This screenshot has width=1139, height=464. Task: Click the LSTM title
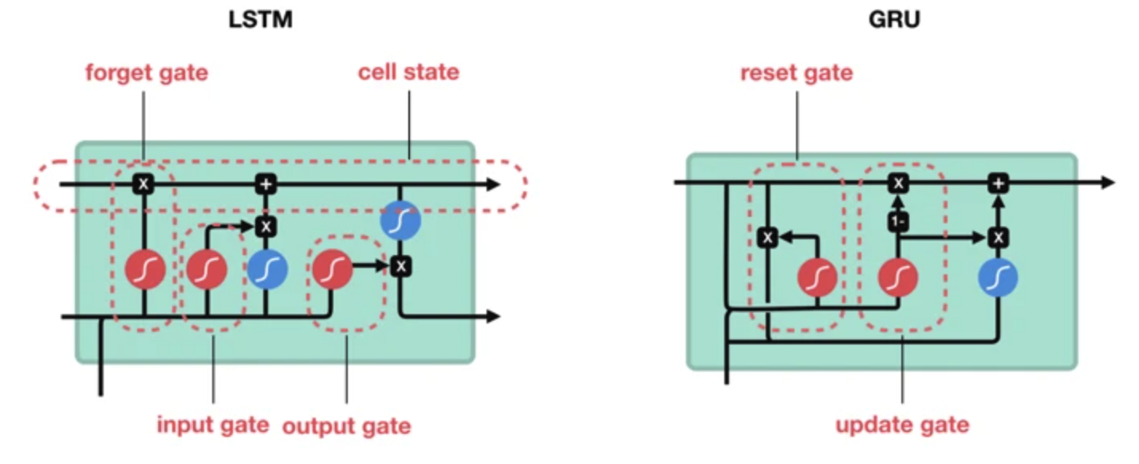click(260, 20)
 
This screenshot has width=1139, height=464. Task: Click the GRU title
click(894, 20)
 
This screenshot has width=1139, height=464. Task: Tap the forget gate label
click(147, 73)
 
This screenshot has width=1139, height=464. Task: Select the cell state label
click(409, 73)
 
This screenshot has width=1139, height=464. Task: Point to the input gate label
click(213, 425)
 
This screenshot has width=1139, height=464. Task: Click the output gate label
click(347, 426)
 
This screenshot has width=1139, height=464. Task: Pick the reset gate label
click(797, 73)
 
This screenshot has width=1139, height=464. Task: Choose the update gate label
click(903, 425)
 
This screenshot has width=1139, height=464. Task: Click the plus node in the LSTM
click(266, 184)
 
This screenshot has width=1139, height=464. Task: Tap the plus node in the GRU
click(998, 183)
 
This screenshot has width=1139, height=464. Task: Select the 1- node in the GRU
click(898, 222)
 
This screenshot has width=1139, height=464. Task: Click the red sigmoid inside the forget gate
click(145, 269)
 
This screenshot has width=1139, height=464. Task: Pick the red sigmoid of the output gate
click(333, 269)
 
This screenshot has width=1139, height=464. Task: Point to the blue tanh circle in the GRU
click(998, 277)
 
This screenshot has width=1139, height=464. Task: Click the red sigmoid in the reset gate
click(817, 277)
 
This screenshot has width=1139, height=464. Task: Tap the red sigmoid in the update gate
click(898, 277)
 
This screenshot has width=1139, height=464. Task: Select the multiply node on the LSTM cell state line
click(144, 184)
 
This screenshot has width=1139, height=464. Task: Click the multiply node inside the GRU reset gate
click(768, 238)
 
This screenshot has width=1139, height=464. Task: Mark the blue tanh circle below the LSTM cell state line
click(400, 220)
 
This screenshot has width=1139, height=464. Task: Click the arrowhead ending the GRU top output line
click(1108, 183)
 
